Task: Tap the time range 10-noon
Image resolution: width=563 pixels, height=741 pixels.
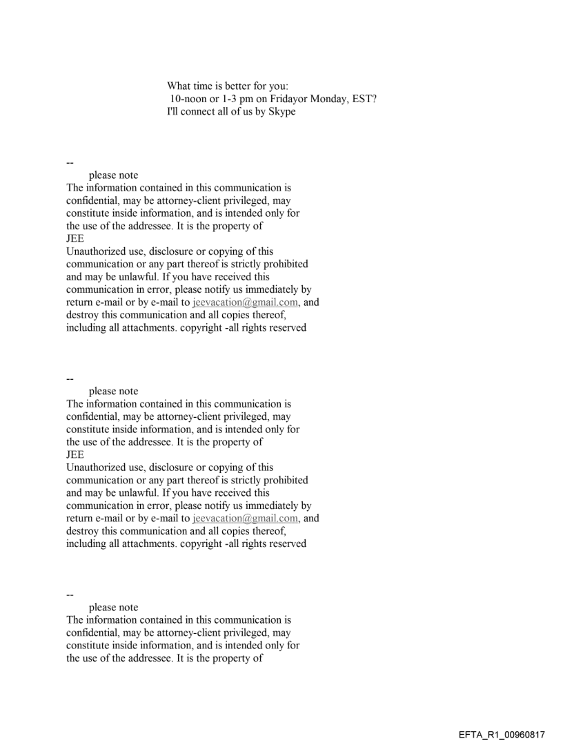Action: pos(192,99)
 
